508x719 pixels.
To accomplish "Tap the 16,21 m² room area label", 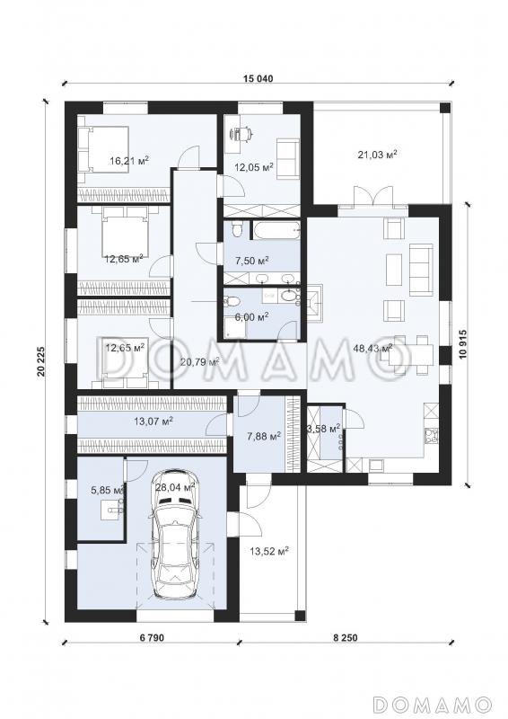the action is [x=129, y=160].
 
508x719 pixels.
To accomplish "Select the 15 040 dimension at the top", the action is [x=258, y=78].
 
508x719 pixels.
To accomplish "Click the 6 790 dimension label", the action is [x=150, y=637].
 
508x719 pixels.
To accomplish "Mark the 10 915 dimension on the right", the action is [x=461, y=345].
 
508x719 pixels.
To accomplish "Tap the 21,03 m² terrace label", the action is [x=377, y=155].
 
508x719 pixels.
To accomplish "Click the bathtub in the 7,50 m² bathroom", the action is [x=276, y=231].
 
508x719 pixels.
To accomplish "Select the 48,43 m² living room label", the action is [x=372, y=348].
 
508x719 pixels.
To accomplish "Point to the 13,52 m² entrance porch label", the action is [x=268, y=550].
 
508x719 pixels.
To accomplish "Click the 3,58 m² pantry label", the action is [x=324, y=429].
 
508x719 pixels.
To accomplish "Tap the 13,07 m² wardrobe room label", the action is [x=152, y=420].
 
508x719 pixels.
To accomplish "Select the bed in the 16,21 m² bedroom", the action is [x=103, y=149].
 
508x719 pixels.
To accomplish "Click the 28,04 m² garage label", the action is [x=175, y=486].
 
